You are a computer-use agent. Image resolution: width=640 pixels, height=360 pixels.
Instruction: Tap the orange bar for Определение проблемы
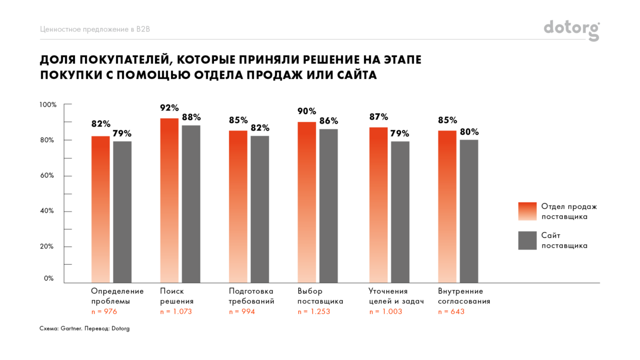tap(100, 209)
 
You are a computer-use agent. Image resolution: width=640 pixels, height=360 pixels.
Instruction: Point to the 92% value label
tap(169, 108)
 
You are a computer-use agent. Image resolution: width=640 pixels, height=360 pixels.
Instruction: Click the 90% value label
tap(306, 111)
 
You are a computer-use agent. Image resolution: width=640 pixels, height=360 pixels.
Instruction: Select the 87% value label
tap(378, 117)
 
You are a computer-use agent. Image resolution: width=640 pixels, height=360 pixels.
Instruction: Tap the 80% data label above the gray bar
tap(469, 132)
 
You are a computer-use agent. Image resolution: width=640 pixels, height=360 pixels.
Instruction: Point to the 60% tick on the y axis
tap(47, 176)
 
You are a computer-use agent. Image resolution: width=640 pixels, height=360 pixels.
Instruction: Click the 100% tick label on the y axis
tap(47, 104)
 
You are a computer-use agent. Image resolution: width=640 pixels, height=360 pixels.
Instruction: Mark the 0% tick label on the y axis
tap(49, 278)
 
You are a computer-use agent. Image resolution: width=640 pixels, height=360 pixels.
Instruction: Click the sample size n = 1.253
tap(314, 312)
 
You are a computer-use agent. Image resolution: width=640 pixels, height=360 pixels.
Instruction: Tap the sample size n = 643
tap(451, 312)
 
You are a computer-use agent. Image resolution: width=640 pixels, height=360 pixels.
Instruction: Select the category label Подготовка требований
tap(251, 296)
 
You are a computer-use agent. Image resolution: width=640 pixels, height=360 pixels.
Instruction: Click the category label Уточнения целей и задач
tap(396, 296)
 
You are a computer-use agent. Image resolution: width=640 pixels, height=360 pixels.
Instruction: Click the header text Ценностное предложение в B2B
tap(95, 29)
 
